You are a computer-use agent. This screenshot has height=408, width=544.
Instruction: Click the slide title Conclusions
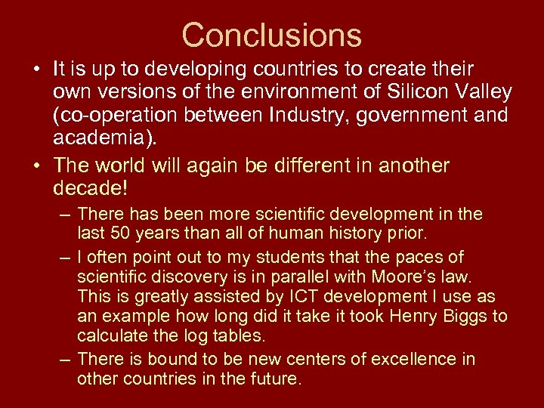point(272,35)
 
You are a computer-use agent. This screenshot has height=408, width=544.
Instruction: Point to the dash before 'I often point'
point(66,257)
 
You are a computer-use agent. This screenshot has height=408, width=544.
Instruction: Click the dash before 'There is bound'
point(66,358)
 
